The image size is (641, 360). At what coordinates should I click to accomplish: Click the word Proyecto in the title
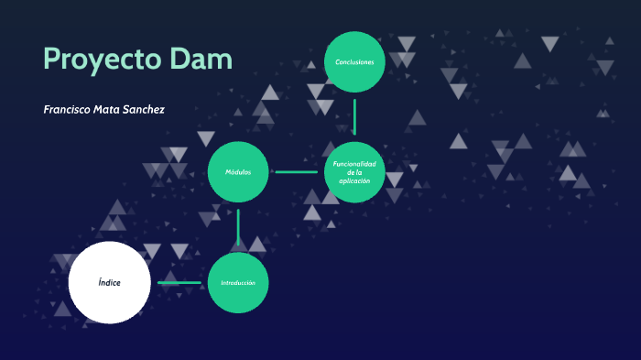[103, 60]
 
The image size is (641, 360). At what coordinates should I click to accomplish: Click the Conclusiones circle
[354, 62]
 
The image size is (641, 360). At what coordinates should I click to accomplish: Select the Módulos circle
[238, 172]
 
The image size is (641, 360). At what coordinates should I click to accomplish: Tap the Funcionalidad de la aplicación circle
[354, 172]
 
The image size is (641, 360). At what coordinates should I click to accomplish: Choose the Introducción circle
[238, 282]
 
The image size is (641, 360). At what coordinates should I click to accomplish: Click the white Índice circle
[109, 282]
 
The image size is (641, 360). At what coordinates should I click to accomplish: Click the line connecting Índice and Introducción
[179, 282]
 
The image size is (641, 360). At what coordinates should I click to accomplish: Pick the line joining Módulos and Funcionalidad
[296, 172]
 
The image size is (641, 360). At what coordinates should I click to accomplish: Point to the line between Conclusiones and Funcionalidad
[354, 117]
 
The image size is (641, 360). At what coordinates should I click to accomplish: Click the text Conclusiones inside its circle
[354, 62]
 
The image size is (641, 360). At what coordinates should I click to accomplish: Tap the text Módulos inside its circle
[238, 172]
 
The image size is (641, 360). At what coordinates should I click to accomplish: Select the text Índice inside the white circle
[109, 282]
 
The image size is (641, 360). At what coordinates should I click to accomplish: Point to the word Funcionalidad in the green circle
[354, 163]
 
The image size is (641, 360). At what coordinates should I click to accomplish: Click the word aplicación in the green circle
[354, 180]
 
